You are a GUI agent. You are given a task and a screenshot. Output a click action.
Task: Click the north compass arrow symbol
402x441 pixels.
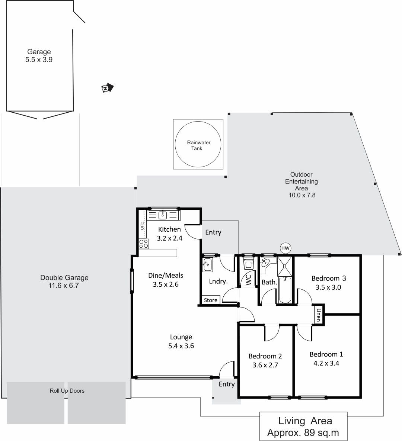point(107,88)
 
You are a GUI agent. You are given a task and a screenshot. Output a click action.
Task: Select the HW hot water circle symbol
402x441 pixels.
point(285,248)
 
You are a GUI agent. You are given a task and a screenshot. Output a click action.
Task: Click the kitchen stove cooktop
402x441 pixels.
point(144,244)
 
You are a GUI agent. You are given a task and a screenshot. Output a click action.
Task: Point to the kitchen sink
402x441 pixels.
point(163,215)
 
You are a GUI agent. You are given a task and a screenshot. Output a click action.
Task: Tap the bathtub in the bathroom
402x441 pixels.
point(285,290)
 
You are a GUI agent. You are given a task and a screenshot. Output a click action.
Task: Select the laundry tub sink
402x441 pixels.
point(207,265)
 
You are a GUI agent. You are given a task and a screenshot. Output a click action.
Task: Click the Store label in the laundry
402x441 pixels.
point(211,300)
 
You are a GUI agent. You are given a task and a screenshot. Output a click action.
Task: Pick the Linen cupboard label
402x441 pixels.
point(318,315)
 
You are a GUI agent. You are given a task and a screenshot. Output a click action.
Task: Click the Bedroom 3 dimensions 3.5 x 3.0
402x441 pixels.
point(328,287)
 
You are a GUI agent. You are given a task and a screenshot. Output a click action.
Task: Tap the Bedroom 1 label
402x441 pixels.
point(326,354)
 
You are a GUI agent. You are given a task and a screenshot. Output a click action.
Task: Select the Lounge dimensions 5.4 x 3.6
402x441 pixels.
point(181,346)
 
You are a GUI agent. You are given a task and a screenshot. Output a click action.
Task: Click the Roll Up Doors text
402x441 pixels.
point(67,391)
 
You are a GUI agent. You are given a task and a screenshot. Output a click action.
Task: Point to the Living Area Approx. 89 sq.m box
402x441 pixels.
point(303,426)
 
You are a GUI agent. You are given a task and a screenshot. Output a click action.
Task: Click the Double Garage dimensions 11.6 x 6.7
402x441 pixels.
point(64,286)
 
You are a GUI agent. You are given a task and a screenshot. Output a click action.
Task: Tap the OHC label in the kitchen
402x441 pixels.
point(142,226)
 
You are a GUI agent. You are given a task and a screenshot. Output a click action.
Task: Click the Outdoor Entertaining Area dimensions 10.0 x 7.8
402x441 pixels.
point(302,195)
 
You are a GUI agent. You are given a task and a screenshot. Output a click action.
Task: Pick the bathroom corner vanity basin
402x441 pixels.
point(265,263)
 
